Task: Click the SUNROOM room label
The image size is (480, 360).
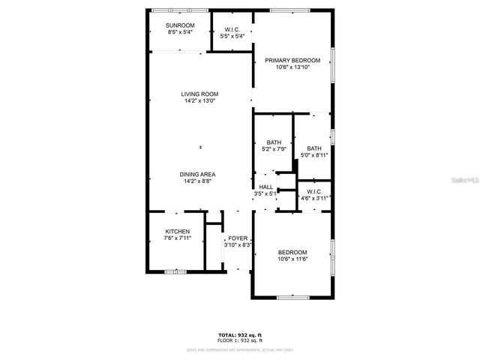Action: click(x=181, y=25)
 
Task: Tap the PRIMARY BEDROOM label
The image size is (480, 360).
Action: click(x=292, y=60)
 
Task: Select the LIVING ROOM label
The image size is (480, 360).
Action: click(x=199, y=94)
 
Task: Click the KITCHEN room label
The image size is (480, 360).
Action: click(x=178, y=232)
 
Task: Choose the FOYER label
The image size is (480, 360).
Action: click(x=238, y=238)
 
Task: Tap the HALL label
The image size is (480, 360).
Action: click(x=266, y=187)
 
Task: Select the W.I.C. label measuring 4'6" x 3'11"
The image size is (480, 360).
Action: click(x=314, y=199)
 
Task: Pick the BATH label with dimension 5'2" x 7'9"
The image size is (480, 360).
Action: click(x=274, y=148)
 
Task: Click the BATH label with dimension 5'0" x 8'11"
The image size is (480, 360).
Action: click(x=314, y=155)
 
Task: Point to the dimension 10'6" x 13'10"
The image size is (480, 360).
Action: click(x=292, y=67)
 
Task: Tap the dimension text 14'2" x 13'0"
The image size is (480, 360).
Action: click(x=199, y=101)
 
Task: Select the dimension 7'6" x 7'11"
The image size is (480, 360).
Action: click(x=178, y=238)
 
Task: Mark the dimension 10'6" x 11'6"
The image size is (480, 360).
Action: click(x=292, y=259)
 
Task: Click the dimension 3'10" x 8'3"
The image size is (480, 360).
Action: click(x=238, y=244)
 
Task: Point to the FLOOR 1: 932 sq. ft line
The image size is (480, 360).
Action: click(x=239, y=340)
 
